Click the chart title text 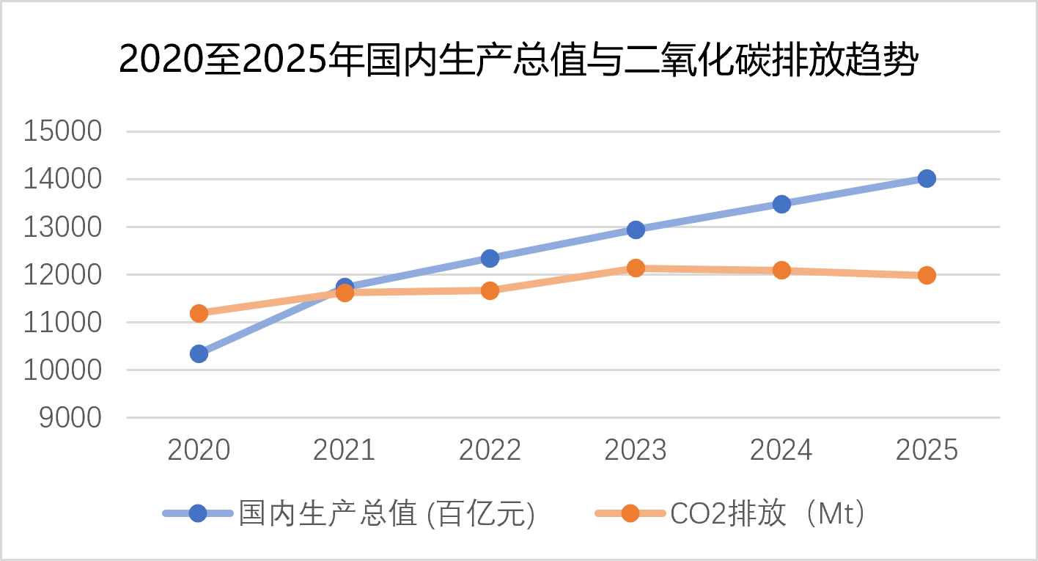(x=518, y=60)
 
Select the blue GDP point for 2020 (x=199, y=353)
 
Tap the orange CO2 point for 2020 (x=199, y=313)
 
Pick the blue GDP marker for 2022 (x=490, y=258)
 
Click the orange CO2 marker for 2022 (x=490, y=290)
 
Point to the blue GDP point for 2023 (x=636, y=229)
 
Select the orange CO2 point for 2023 (x=636, y=268)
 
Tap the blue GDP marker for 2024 (x=781, y=204)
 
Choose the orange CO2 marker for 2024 (x=781, y=270)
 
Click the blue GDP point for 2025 (x=927, y=178)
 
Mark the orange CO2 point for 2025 (x=927, y=275)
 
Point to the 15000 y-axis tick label (x=62, y=131)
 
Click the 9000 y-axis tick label (x=70, y=418)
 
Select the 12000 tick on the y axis (x=62, y=274)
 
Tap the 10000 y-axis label (x=62, y=370)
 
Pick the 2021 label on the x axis (x=345, y=450)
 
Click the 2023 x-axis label (x=636, y=450)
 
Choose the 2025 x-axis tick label (x=927, y=450)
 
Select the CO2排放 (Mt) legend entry (x=730, y=514)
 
